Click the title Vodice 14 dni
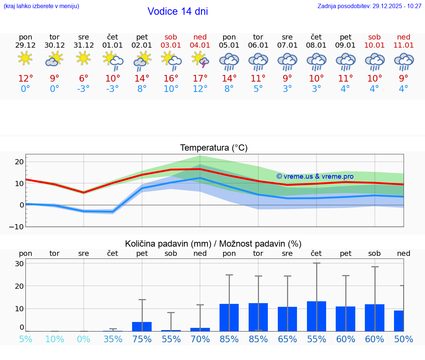tap(177, 11)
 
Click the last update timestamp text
tap(369, 6)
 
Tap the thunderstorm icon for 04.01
tap(200, 60)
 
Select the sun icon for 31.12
tap(84, 58)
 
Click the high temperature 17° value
tap(200, 79)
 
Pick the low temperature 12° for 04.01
tap(200, 89)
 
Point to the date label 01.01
tap(113, 45)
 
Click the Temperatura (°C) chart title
tap(214, 148)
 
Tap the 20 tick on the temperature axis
tap(19, 162)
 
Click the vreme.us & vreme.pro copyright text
tap(315, 176)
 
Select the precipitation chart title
tap(213, 244)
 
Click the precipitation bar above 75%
tap(142, 326)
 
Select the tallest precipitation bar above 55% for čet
tap(317, 316)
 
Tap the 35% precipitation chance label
tap(113, 339)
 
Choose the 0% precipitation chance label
tap(84, 339)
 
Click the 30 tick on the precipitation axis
tap(19, 264)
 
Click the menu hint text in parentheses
tap(41, 6)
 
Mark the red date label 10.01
tap(374, 45)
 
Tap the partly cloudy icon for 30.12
tap(55, 59)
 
